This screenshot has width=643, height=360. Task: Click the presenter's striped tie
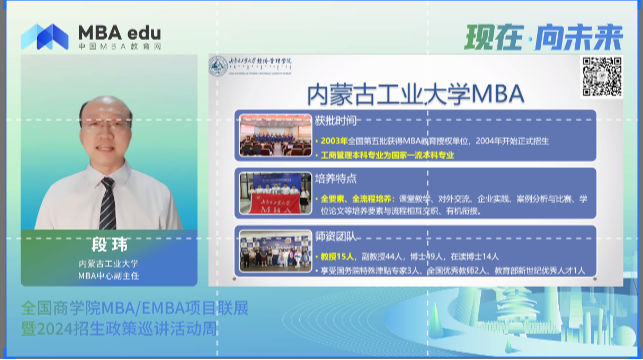coord(107,201)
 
